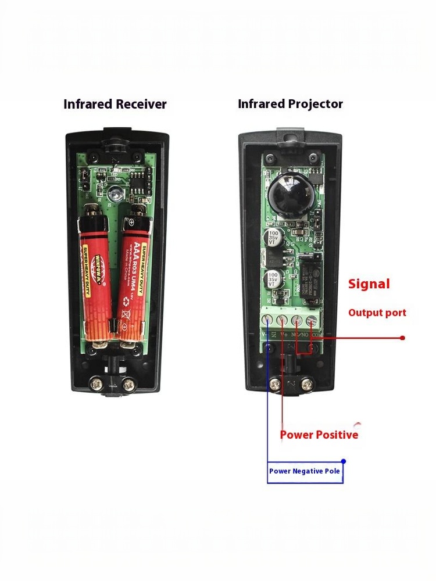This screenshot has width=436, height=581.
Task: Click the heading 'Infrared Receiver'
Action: point(115,105)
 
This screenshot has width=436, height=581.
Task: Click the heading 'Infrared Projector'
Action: point(290,105)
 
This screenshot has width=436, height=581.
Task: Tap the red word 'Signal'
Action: point(369,284)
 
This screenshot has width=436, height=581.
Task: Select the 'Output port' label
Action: point(377,313)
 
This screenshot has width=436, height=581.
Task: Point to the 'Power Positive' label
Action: point(319,435)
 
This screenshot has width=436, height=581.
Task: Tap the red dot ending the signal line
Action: point(402,338)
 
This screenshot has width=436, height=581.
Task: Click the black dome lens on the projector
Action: point(289,196)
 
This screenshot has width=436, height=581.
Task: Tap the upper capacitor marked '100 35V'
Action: point(274,239)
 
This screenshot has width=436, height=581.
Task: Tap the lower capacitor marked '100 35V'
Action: point(274,277)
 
